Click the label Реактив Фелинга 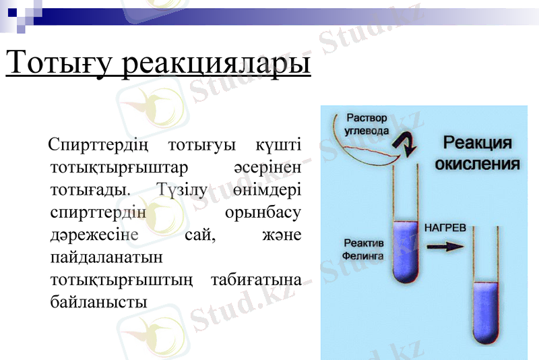click(x=363, y=250)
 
